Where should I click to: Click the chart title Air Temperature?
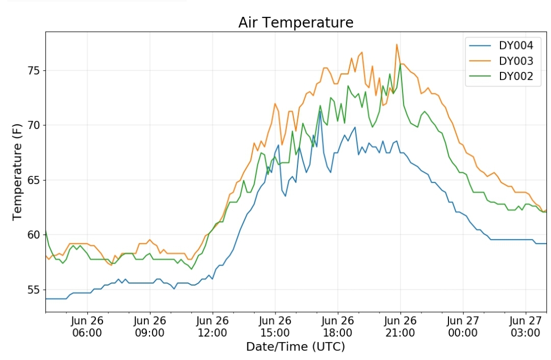pyautogui.click(x=296, y=22)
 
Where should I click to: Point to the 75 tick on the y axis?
pyautogui.click(x=34, y=70)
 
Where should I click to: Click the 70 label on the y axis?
pyautogui.click(x=34, y=125)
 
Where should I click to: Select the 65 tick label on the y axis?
pyautogui.click(x=34, y=180)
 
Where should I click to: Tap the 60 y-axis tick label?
pyautogui.click(x=34, y=235)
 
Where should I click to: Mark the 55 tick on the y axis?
pyautogui.click(x=34, y=290)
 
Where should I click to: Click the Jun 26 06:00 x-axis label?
pyautogui.click(x=87, y=327)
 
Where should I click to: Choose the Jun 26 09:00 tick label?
pyautogui.click(x=149, y=327)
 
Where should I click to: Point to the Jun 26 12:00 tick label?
pyautogui.click(x=212, y=327)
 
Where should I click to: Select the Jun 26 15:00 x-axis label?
pyautogui.click(x=275, y=327)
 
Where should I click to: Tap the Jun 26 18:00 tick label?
pyautogui.click(x=338, y=327)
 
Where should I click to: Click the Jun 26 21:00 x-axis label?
pyautogui.click(x=400, y=327)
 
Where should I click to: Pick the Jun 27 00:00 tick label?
pyautogui.click(x=463, y=327)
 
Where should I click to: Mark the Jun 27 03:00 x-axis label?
pyautogui.click(x=525, y=327)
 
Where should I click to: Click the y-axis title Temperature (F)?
pyautogui.click(x=17, y=172)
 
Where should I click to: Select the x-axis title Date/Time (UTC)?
pyautogui.click(x=295, y=347)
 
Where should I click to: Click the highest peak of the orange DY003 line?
pyautogui.click(x=397, y=44)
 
